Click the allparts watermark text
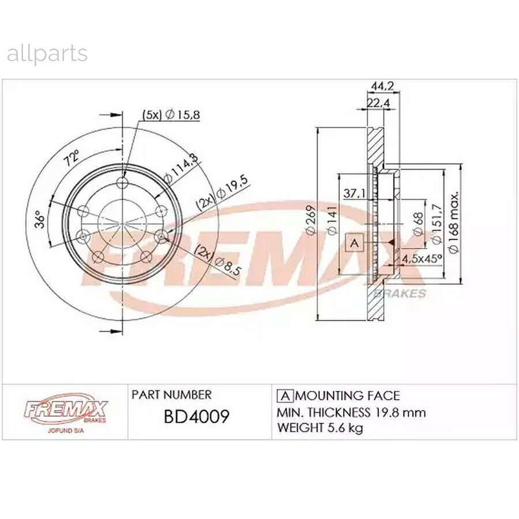point(47,54)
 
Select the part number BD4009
point(197,416)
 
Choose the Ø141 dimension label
point(332,220)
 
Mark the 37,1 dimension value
point(354,193)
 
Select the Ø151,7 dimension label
point(437,224)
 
